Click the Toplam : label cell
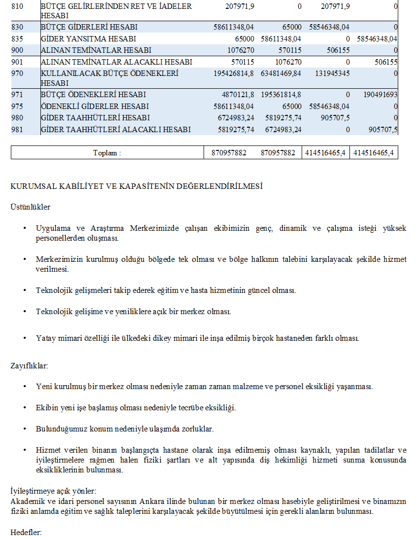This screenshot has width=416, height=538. (107, 153)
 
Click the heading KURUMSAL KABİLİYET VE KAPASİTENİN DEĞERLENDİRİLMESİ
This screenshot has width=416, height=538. (137, 186)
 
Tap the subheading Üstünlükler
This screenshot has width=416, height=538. (30, 207)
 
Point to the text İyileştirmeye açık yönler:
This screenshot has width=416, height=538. (53, 491)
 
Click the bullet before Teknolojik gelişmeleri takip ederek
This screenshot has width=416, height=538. (25, 290)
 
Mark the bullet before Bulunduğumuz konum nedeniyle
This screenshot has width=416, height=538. (25, 429)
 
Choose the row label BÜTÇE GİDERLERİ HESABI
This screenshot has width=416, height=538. (89, 27)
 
